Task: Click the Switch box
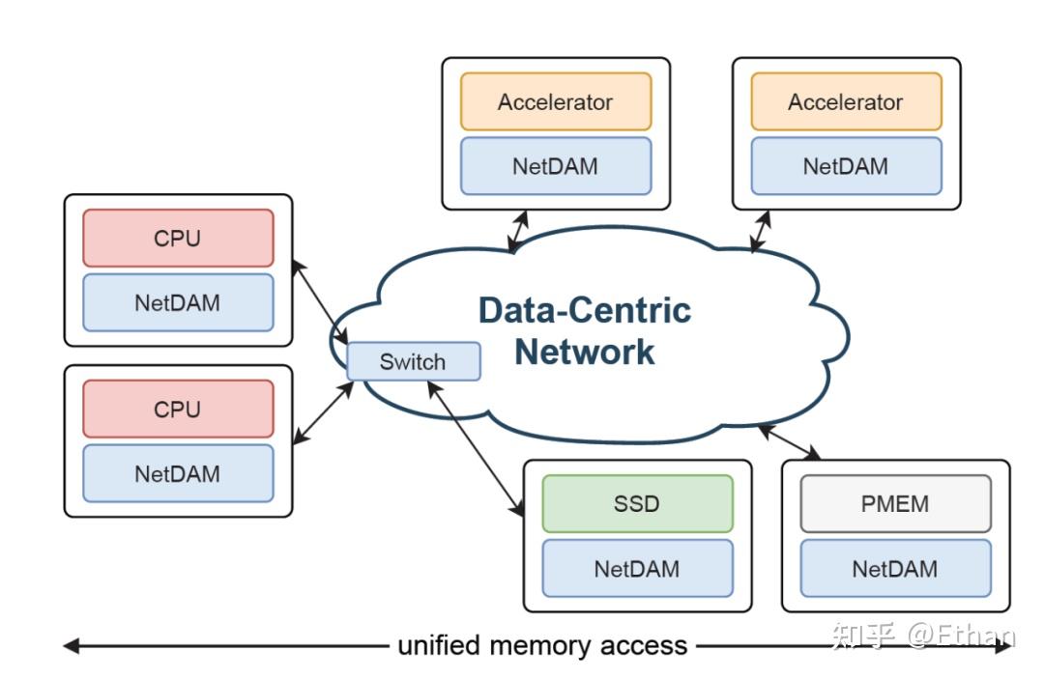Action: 414,361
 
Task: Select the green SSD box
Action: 637,503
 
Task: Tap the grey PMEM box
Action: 895,503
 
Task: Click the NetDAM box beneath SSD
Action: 637,569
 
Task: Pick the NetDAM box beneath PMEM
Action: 895,569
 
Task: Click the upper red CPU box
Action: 178,238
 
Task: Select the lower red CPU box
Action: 178,409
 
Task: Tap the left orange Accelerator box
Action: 556,101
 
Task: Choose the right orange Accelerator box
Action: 846,101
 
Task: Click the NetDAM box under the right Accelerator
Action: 846,166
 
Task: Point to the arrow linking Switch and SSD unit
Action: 476,449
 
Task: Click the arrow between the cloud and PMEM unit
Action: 790,442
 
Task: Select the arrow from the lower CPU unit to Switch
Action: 323,413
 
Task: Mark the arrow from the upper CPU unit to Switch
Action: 320,302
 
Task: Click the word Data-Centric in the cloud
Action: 585,310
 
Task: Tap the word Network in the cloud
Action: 585,352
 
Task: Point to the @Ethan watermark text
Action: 962,636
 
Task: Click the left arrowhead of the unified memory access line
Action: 71,646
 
